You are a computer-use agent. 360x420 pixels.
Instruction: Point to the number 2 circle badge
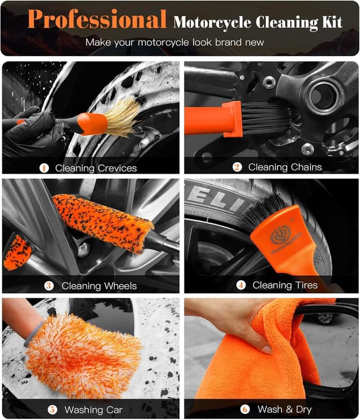tap(237, 167)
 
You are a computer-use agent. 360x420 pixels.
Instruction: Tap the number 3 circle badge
tap(49, 286)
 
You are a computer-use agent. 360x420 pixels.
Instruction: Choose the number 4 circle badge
tap(241, 285)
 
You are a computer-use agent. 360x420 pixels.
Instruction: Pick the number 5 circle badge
tap(52, 409)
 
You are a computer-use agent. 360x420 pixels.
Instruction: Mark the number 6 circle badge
tap(245, 409)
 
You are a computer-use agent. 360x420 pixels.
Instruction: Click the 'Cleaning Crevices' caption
tap(96, 168)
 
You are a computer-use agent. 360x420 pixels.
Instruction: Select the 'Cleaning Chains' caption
tap(285, 167)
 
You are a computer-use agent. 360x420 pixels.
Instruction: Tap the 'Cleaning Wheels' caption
tap(99, 286)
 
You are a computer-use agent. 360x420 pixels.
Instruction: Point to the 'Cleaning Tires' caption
tap(285, 285)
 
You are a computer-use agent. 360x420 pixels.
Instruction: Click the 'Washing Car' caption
tap(93, 409)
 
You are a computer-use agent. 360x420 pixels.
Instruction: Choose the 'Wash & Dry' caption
tap(284, 409)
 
